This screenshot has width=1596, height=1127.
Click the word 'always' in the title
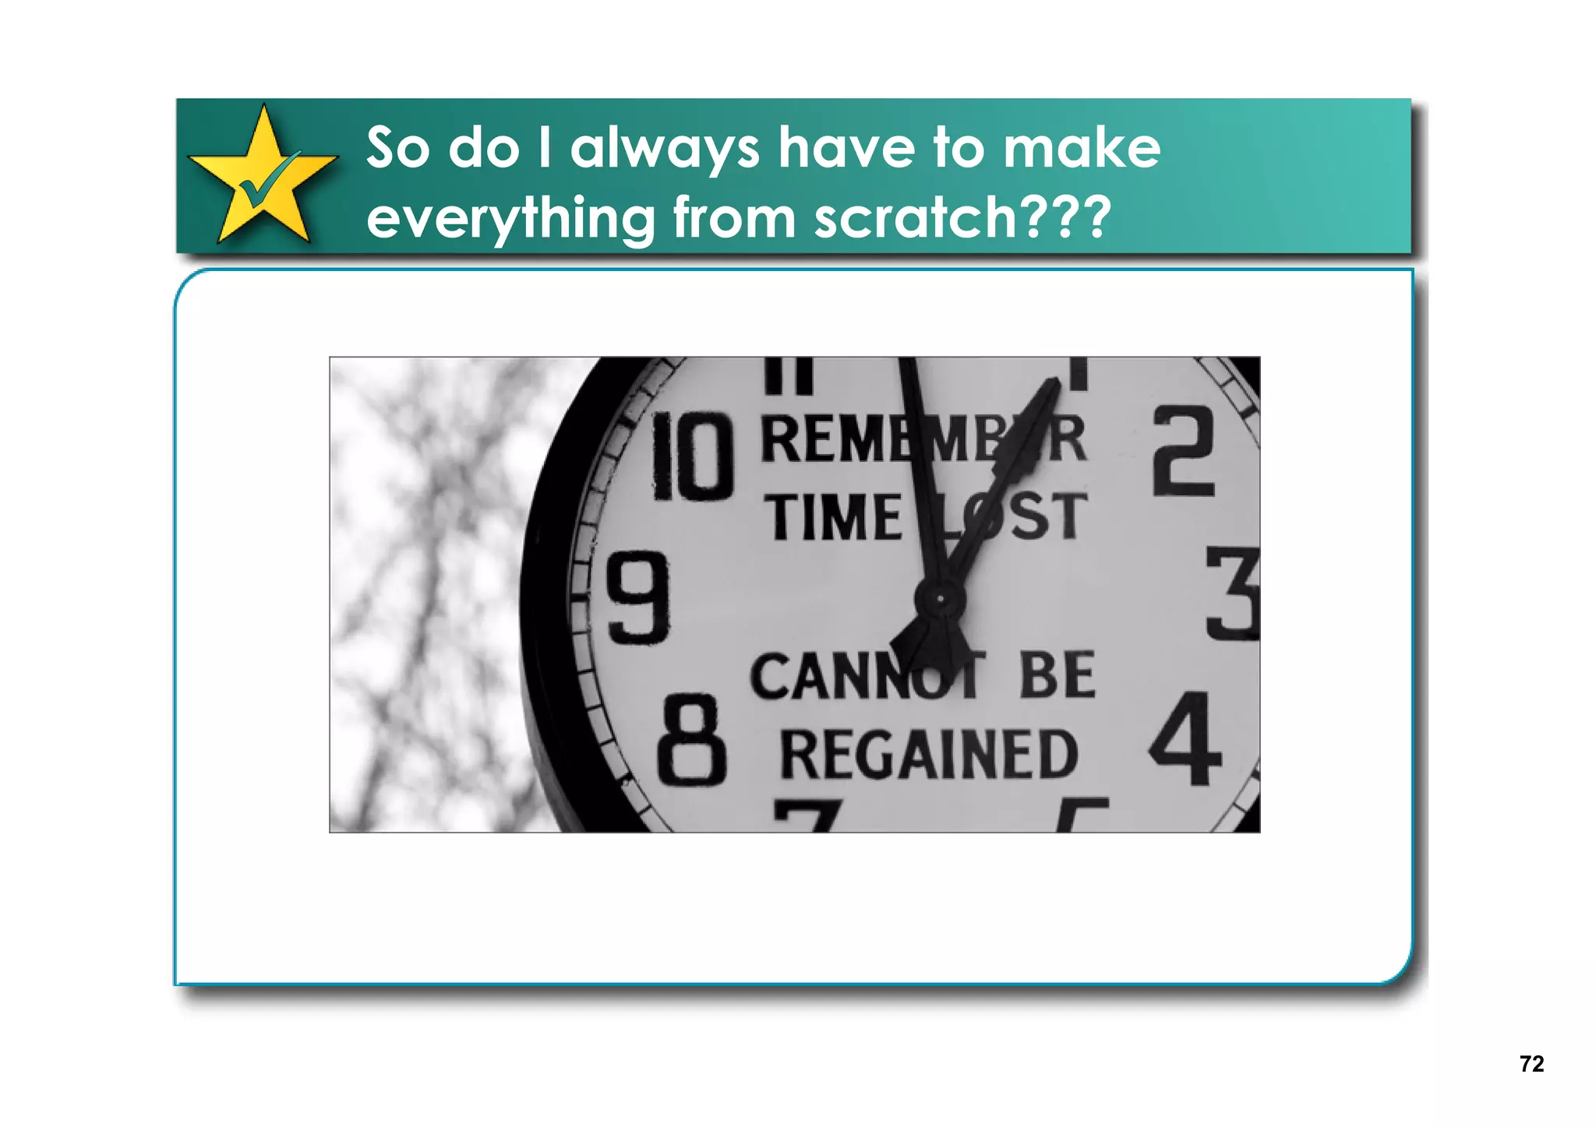click(x=665, y=148)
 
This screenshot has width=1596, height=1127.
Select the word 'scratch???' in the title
click(x=962, y=217)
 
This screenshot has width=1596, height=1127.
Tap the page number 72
click(x=1531, y=1064)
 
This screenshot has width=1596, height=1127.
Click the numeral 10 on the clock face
click(x=693, y=457)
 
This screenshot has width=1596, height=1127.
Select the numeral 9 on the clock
click(x=638, y=598)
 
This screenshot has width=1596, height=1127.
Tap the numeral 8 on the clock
click(x=691, y=741)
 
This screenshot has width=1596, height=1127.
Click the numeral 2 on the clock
click(x=1184, y=453)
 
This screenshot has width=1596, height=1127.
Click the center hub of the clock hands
click(x=941, y=599)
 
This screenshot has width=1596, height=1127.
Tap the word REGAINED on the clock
click(x=929, y=755)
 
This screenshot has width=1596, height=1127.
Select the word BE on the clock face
click(x=1057, y=675)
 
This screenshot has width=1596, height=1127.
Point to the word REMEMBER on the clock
click(x=923, y=440)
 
